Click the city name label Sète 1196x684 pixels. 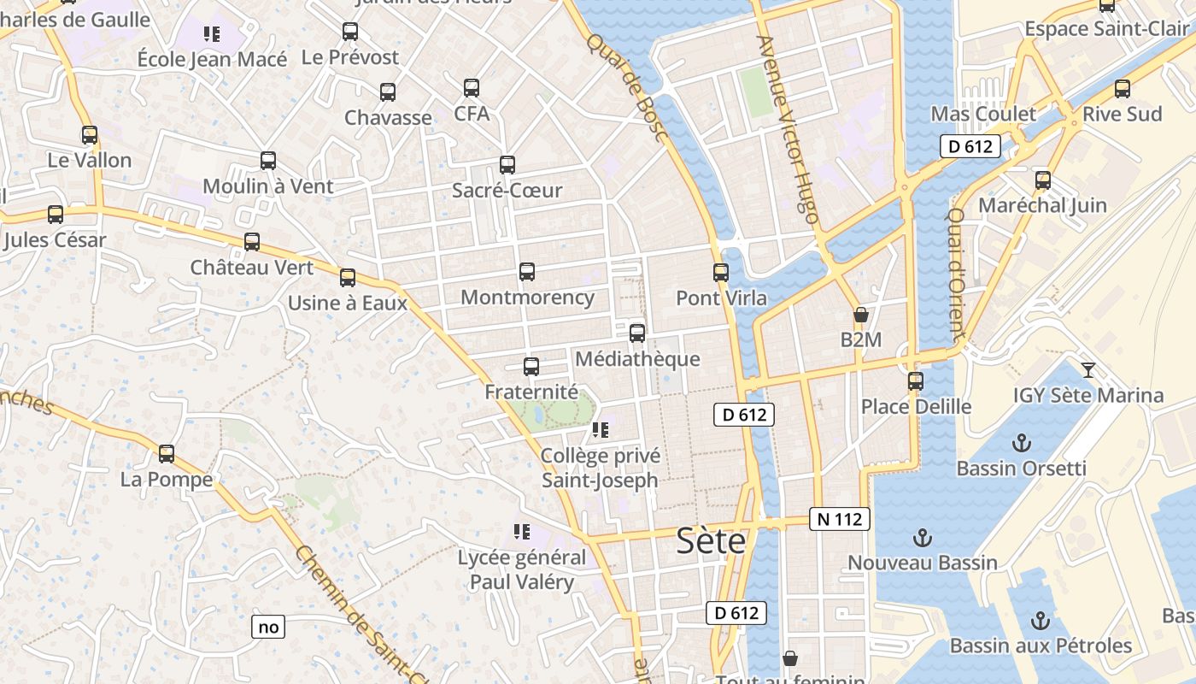(711, 541)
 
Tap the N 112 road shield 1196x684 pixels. (839, 519)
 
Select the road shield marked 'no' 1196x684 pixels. (268, 627)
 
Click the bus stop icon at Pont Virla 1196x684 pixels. (721, 273)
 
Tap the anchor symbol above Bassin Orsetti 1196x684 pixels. (1021, 443)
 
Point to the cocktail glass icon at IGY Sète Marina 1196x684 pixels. (1088, 369)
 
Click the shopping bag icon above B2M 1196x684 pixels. (860, 315)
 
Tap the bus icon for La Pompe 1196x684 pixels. (167, 454)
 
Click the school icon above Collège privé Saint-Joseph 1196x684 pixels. (600, 430)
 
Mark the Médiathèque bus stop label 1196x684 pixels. (637, 359)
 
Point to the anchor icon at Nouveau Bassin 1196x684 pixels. (922, 538)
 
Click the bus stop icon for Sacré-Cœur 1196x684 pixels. (507, 165)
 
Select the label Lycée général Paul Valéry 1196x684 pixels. (522, 570)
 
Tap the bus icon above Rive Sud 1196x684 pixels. (1123, 89)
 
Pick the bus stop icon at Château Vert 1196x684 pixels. (252, 242)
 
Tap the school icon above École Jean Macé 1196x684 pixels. (212, 34)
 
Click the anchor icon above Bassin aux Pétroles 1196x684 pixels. (1041, 621)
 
